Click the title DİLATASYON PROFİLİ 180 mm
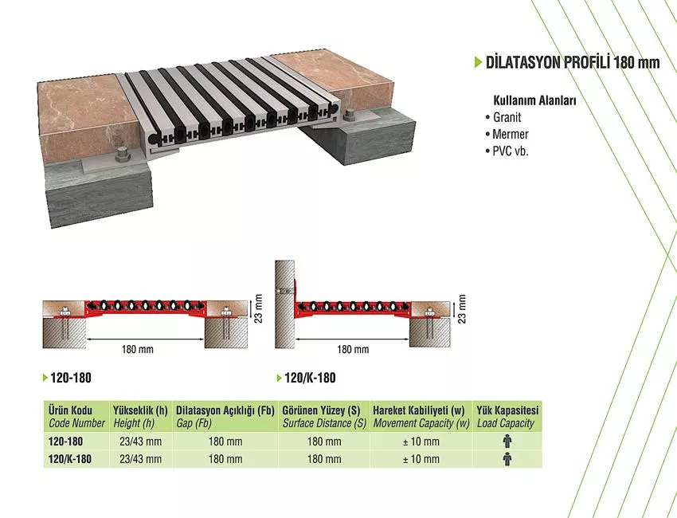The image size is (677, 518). pyautogui.click(x=573, y=63)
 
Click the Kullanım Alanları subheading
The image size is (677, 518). pyautogui.click(x=534, y=100)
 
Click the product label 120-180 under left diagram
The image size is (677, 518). pyautogui.click(x=71, y=378)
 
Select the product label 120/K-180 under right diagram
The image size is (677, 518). pyautogui.click(x=310, y=378)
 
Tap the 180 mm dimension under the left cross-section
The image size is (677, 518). pyautogui.click(x=137, y=349)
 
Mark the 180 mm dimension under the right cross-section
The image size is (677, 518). pyautogui.click(x=353, y=349)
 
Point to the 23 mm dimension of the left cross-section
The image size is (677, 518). pyautogui.click(x=258, y=308)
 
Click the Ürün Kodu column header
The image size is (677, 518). pyautogui.click(x=70, y=410)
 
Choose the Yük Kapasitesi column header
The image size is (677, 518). pyautogui.click(x=508, y=410)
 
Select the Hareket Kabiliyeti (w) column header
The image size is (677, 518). pyautogui.click(x=419, y=410)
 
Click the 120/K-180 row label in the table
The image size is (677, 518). pyautogui.click(x=70, y=459)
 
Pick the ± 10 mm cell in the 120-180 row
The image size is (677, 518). pyautogui.click(x=421, y=441)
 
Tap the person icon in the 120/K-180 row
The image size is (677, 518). pyautogui.click(x=508, y=459)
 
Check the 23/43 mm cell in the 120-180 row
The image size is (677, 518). pyautogui.click(x=141, y=441)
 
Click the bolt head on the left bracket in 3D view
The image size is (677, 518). pyautogui.click(x=122, y=155)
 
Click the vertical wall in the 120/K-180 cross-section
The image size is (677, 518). pyautogui.click(x=284, y=304)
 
